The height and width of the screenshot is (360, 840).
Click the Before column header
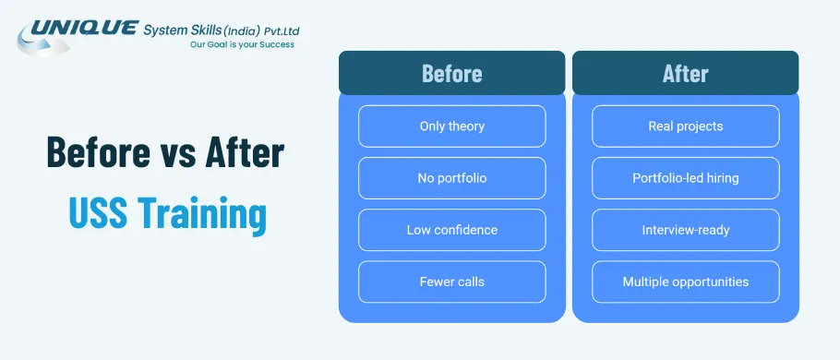451,74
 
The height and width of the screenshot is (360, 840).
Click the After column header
685,74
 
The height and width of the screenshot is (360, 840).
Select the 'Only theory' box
451,126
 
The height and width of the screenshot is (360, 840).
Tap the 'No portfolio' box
451,178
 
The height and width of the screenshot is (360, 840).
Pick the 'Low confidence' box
451,230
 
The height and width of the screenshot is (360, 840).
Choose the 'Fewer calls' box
451,282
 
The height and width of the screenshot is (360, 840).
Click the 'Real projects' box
685,126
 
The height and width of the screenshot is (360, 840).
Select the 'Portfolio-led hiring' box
685,178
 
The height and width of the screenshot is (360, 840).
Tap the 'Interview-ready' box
685,230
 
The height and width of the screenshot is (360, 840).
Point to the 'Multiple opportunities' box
685,282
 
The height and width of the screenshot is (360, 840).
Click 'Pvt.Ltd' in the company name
279,30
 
